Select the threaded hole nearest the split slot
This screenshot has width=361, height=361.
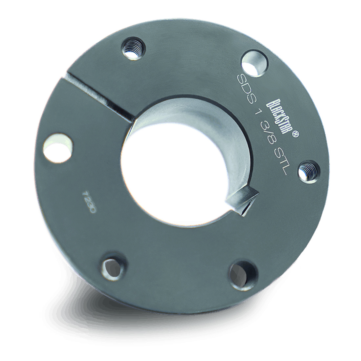134,49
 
